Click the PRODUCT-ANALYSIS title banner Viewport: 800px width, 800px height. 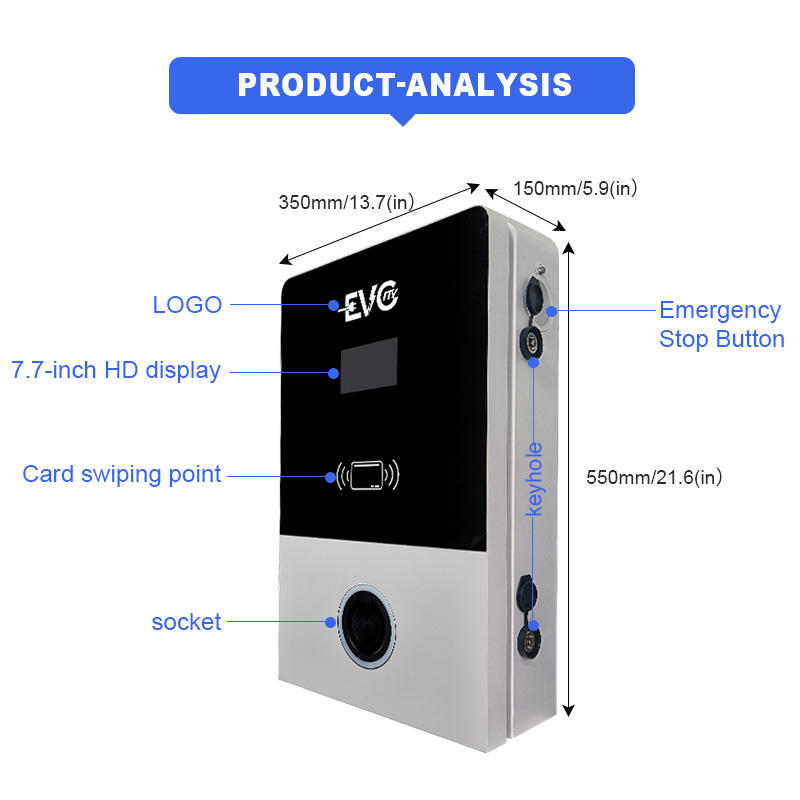[402, 85]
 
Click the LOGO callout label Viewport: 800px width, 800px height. [187, 305]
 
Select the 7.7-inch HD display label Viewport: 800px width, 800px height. [116, 370]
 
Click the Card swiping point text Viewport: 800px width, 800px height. [122, 474]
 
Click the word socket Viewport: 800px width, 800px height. [186, 622]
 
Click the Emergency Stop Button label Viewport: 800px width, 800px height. [720, 325]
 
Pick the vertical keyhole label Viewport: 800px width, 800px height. [535, 480]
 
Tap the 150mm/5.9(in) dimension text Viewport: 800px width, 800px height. [575, 187]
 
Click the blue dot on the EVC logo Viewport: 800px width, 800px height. [334, 306]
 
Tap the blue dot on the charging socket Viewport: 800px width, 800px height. [331, 622]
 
